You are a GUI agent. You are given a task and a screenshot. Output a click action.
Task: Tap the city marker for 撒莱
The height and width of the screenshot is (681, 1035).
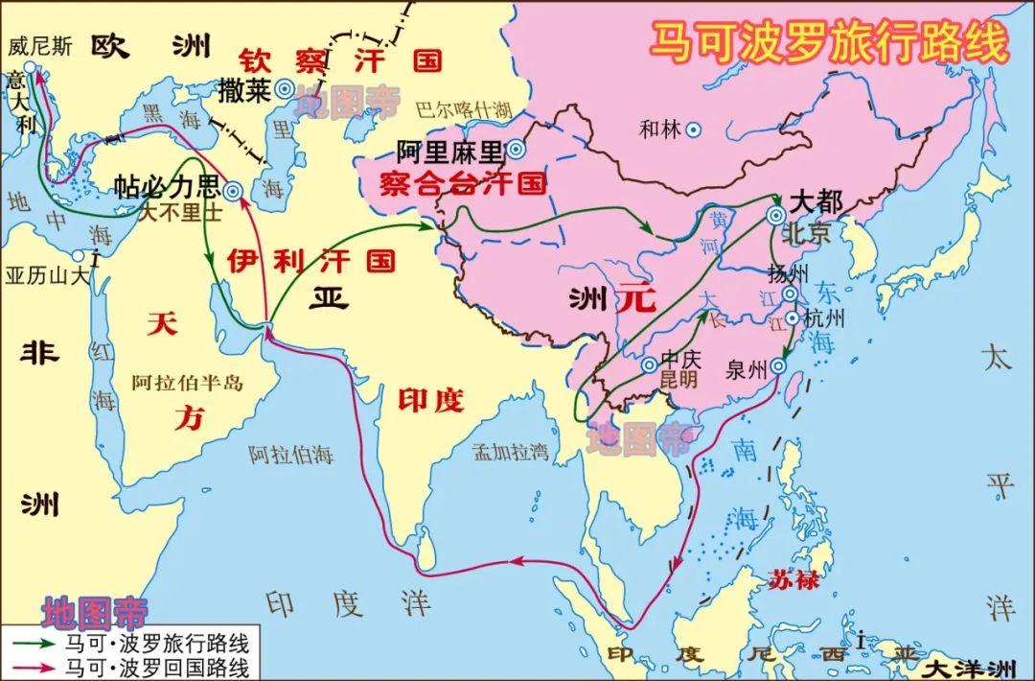(x=284, y=89)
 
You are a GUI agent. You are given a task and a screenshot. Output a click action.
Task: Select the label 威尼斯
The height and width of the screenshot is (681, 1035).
(x=39, y=46)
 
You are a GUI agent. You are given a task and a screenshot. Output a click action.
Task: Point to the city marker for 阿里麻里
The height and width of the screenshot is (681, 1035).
(x=516, y=149)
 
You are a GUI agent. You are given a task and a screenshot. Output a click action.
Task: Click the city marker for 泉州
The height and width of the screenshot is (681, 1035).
(x=778, y=365)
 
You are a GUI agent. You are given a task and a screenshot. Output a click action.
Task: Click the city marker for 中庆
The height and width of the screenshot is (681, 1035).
(x=649, y=364)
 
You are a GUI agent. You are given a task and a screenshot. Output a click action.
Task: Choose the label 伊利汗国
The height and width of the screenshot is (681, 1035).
(x=311, y=260)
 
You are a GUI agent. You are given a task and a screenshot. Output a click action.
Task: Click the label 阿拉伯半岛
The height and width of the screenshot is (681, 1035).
(x=188, y=383)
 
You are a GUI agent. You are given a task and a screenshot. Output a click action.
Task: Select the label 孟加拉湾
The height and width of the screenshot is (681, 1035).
(x=510, y=450)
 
